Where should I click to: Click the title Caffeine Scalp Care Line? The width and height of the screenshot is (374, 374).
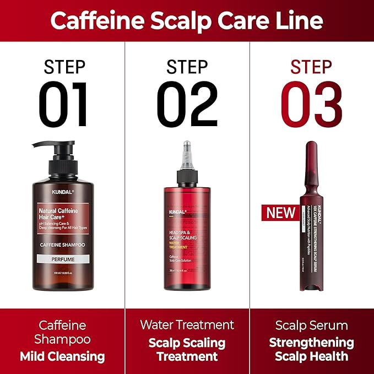click(187, 20)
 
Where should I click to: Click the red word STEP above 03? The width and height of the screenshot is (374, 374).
click(312, 67)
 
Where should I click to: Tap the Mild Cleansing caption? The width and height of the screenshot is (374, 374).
click(62, 356)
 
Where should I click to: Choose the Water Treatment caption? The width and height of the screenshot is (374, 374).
click(187, 324)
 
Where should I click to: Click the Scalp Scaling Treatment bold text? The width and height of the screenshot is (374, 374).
click(187, 349)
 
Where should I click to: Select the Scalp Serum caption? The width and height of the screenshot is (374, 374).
click(312, 325)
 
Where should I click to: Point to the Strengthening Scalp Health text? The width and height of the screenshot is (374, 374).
click(312, 349)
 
